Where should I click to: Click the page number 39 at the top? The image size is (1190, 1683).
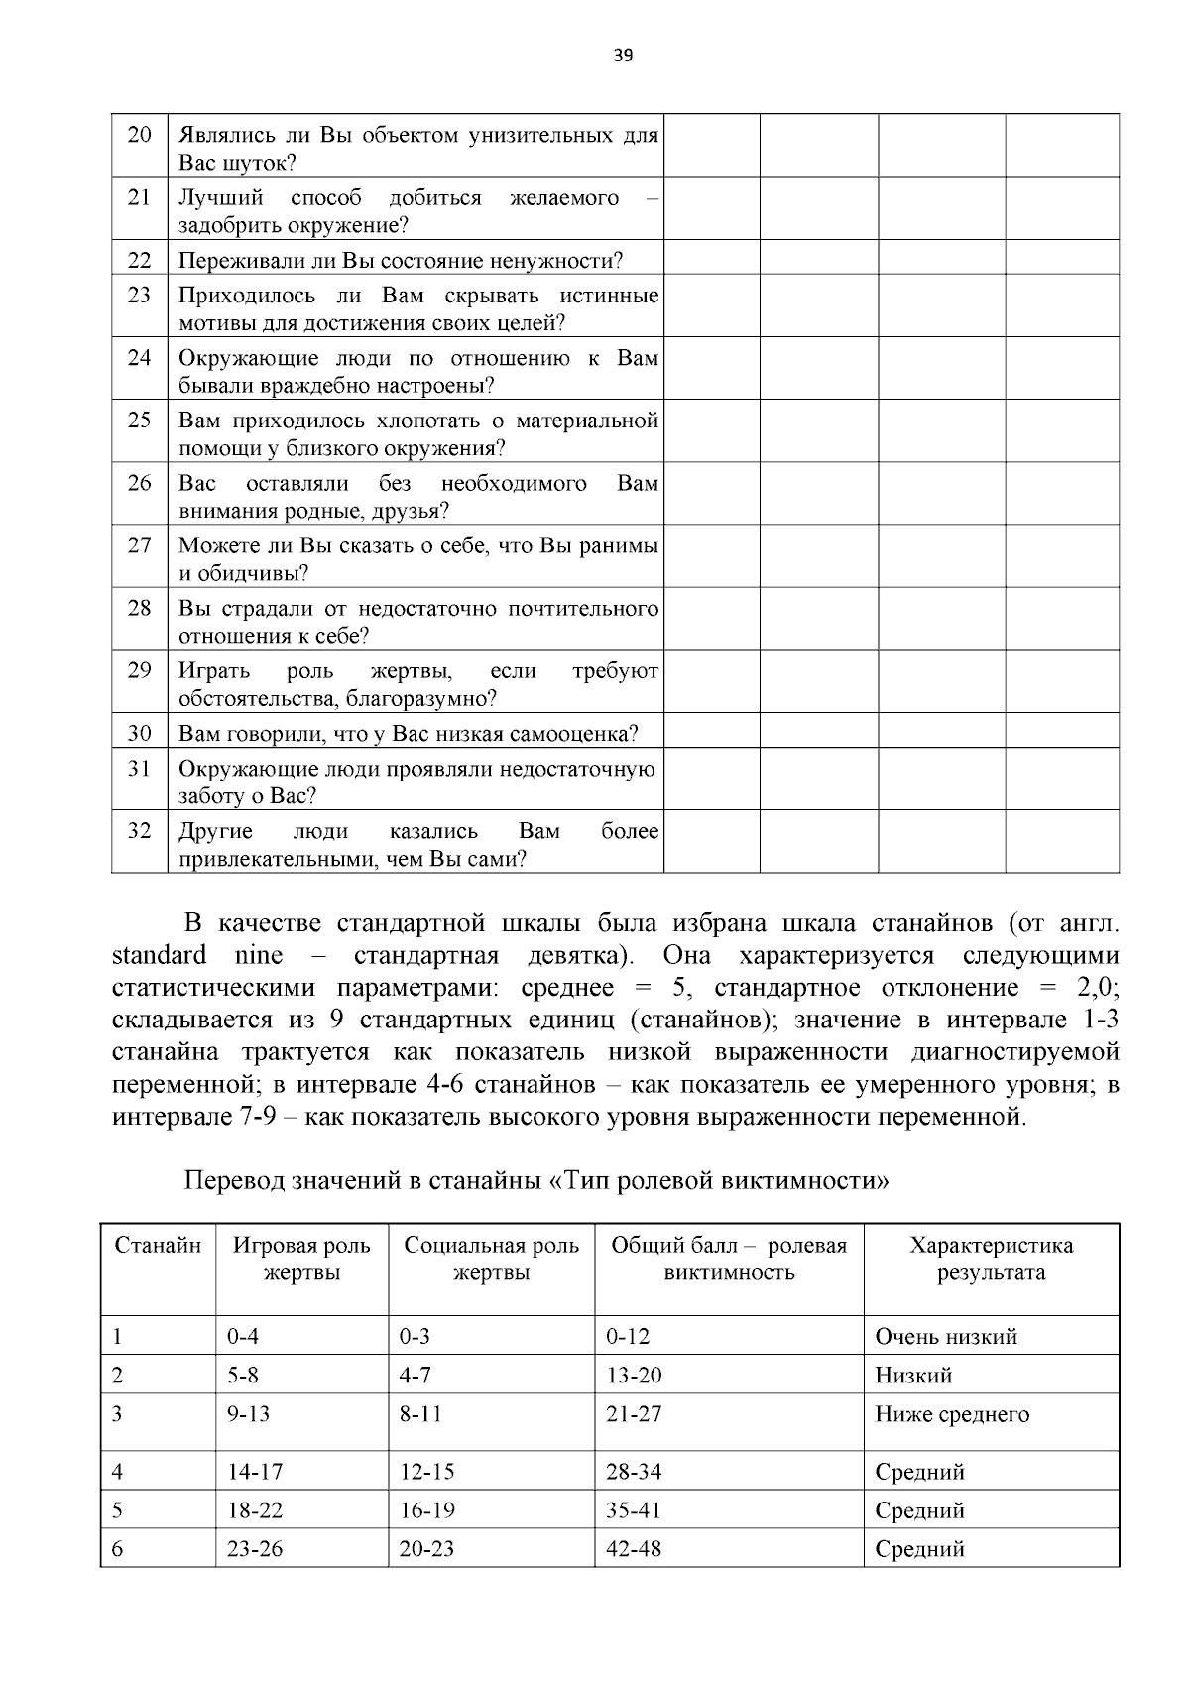(623, 55)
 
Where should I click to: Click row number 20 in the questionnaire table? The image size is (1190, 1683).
(140, 134)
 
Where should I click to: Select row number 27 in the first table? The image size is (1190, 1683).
(140, 544)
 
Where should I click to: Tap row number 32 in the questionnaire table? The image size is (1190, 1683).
(140, 830)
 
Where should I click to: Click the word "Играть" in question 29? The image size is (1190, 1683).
(214, 670)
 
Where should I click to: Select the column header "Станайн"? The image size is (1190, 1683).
(158, 1245)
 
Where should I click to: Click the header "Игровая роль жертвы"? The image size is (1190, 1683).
(301, 1259)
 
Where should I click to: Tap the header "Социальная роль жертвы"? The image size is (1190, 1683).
(491, 1259)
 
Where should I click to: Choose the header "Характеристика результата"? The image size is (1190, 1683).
(991, 1259)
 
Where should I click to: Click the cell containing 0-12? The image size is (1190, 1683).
(628, 1336)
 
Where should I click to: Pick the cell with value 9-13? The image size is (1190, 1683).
(249, 1413)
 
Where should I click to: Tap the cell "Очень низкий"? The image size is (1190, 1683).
(946, 1336)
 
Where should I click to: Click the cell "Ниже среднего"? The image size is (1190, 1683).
(952, 1413)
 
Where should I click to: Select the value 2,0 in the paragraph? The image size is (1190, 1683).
(1096, 987)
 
